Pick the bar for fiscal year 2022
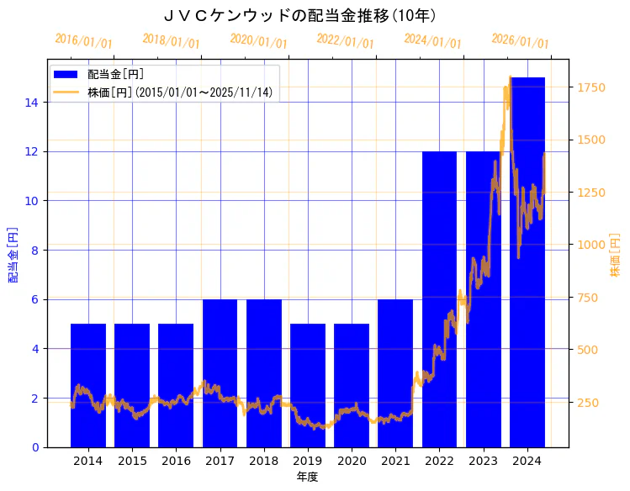439,299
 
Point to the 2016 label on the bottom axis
176,461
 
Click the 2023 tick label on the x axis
483,461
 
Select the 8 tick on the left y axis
34,251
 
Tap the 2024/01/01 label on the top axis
432,41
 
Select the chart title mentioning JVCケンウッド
299,15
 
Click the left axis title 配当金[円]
13,254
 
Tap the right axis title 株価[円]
615,256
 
